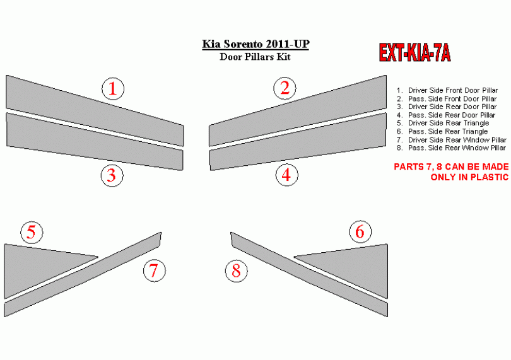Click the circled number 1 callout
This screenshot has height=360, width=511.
113,89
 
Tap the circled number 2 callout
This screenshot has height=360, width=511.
285,88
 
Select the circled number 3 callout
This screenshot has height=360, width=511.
112,176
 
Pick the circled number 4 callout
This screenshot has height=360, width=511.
287,175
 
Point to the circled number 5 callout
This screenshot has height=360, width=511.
32,232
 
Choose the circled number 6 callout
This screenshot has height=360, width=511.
360,231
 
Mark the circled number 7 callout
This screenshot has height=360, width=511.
154,270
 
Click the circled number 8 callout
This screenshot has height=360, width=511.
237,271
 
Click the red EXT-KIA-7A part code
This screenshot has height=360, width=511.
414,52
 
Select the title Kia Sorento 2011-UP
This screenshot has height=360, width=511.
255,44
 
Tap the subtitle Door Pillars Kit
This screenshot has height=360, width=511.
255,57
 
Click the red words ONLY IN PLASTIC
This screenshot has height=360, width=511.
469,177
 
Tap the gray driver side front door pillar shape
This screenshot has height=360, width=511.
95,111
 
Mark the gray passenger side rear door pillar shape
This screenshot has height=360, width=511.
298,142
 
